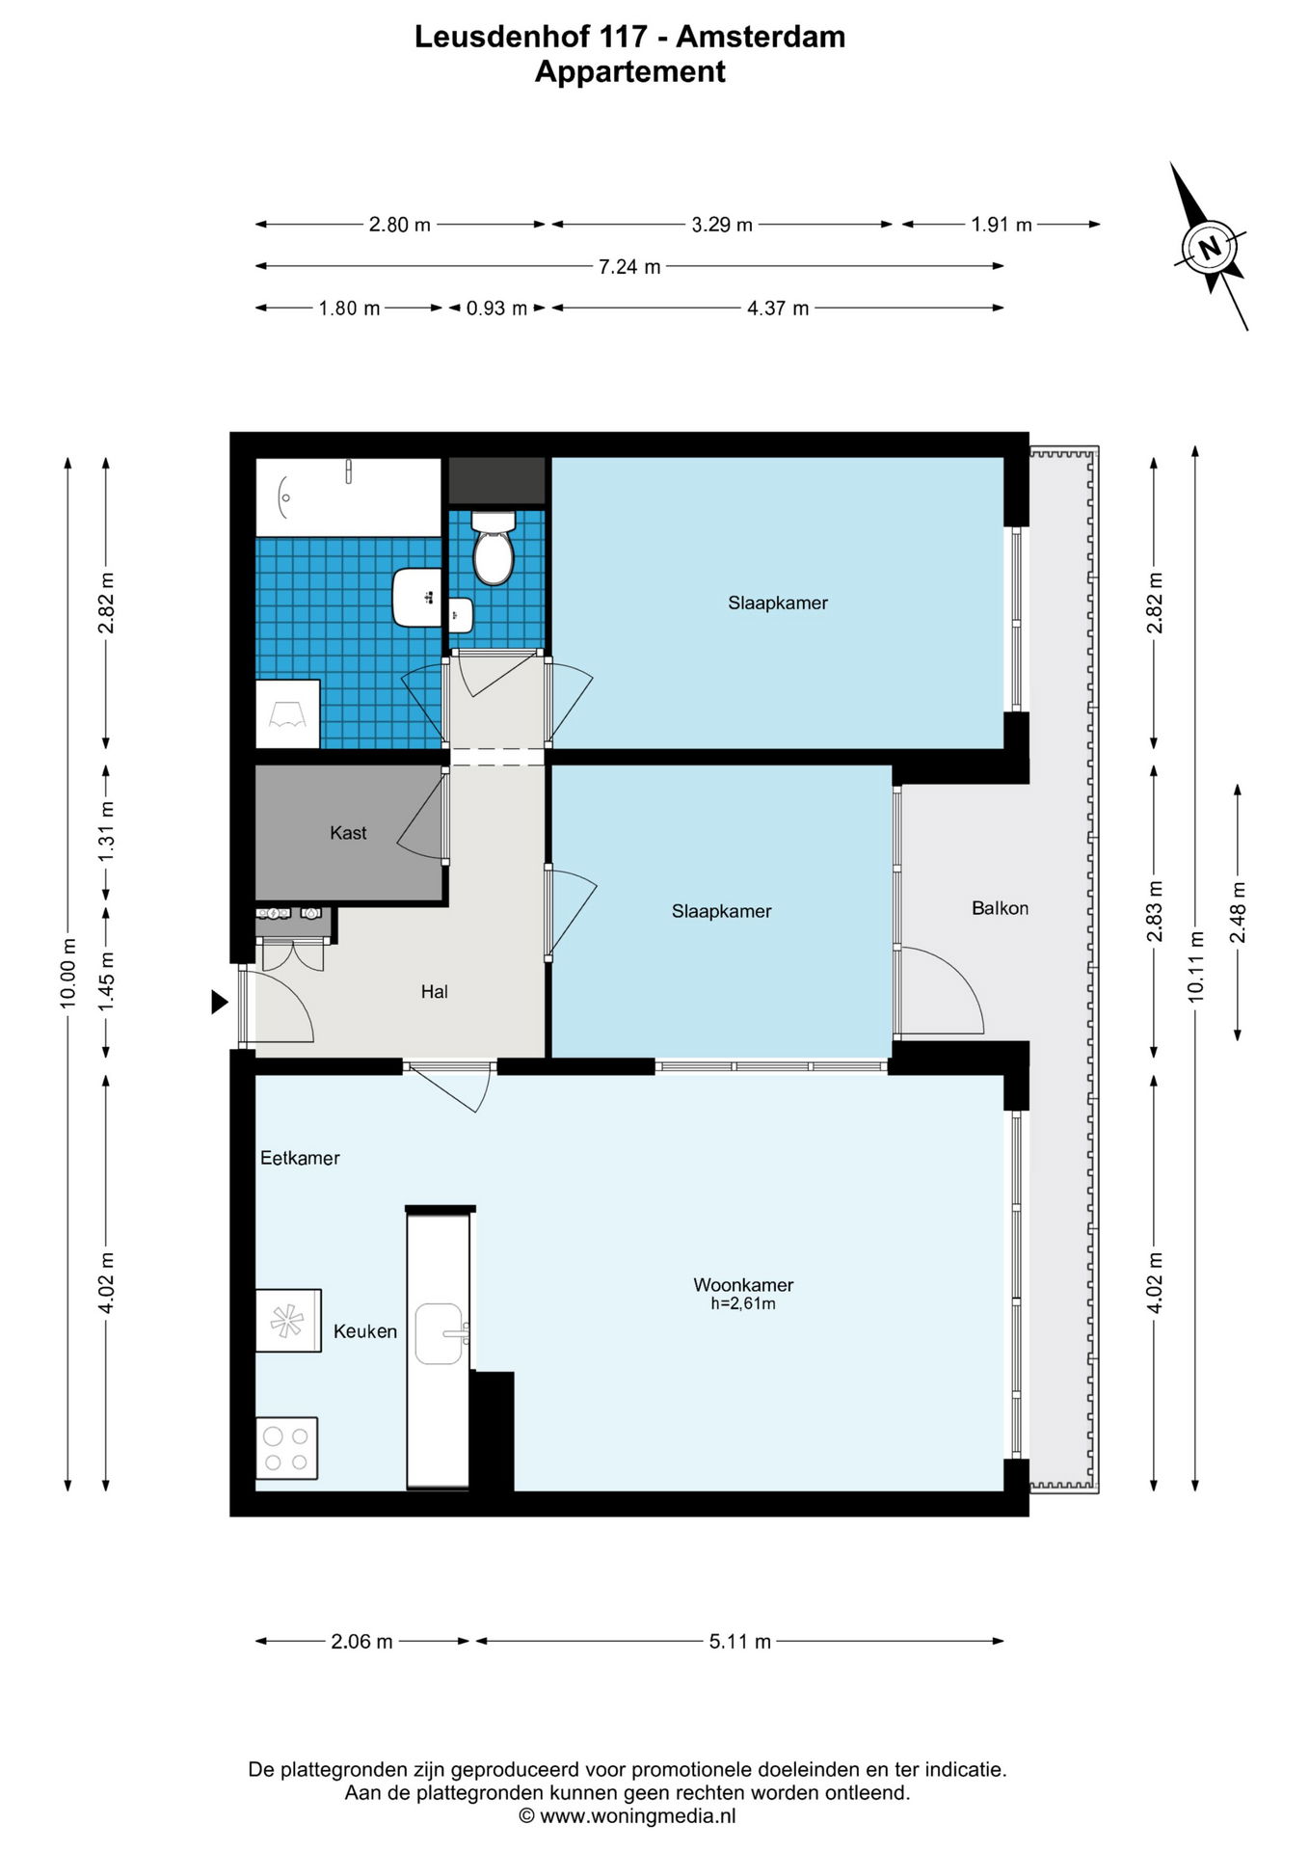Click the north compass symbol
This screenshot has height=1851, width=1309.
tap(1209, 248)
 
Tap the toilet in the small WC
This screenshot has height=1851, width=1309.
tap(494, 547)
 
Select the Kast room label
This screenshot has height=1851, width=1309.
tap(348, 833)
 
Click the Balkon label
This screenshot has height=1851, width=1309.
tap(1000, 908)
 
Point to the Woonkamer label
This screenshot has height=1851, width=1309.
tap(743, 1284)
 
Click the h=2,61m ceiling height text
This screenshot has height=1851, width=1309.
tap(743, 1303)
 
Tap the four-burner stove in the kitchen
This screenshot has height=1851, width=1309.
tap(287, 1448)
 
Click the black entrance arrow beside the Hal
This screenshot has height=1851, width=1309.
tap(220, 1003)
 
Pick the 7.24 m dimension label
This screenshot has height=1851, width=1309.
tap(629, 267)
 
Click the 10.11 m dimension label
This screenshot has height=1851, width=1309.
tap(1196, 967)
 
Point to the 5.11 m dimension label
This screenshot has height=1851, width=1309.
tap(740, 1642)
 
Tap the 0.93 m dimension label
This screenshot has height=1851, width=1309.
tap(496, 308)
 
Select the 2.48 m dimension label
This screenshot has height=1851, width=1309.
tap(1239, 913)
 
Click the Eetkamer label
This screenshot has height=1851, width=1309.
tap(300, 1158)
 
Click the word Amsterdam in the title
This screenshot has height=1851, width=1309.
tap(761, 37)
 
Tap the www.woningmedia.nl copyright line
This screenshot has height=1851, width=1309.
tap(628, 1816)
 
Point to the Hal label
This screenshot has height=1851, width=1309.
tap(434, 991)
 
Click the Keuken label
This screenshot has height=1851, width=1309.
tap(365, 1331)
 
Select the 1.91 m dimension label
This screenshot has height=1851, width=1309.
tap(1002, 225)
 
